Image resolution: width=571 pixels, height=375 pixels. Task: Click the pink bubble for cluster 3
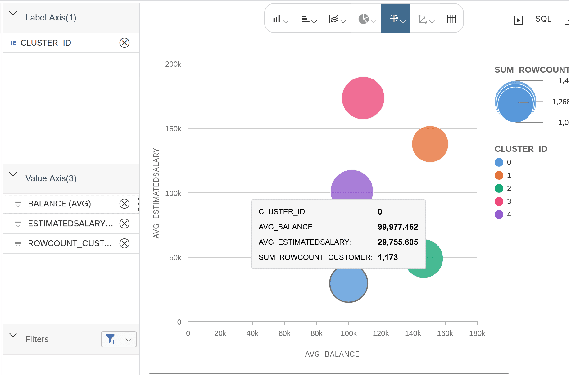click(363, 98)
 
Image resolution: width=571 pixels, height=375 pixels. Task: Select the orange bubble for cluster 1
click(430, 144)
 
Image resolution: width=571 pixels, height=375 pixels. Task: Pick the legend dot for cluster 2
click(499, 188)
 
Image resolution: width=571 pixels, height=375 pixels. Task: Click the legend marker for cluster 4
click(499, 215)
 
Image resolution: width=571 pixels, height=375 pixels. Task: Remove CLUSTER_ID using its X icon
click(125, 43)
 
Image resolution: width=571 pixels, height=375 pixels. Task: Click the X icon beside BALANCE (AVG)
click(125, 204)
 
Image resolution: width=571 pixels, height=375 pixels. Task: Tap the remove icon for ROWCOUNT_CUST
click(125, 243)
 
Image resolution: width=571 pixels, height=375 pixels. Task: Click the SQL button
click(543, 19)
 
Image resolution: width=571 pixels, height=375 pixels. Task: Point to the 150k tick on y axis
click(173, 129)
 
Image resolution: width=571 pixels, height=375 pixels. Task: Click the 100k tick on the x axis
click(348, 333)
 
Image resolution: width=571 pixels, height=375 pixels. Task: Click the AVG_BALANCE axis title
click(332, 354)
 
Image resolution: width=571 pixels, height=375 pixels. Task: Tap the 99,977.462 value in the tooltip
click(397, 227)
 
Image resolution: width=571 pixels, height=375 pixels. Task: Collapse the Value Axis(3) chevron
click(13, 174)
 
